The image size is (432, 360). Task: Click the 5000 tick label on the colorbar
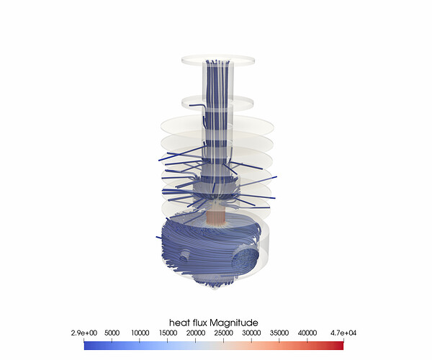coord(112,333)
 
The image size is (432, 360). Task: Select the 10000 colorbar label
coord(140,333)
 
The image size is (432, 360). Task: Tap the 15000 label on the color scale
coord(168,333)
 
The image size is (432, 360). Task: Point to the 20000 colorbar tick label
coord(196,333)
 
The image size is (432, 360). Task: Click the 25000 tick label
coord(224,333)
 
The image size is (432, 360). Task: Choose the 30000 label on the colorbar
coord(251,333)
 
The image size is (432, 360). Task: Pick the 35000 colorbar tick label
coord(279,333)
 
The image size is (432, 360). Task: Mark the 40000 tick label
coord(307,333)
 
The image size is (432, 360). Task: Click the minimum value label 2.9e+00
coord(84,333)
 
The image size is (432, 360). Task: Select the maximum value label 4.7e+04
coord(343,333)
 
